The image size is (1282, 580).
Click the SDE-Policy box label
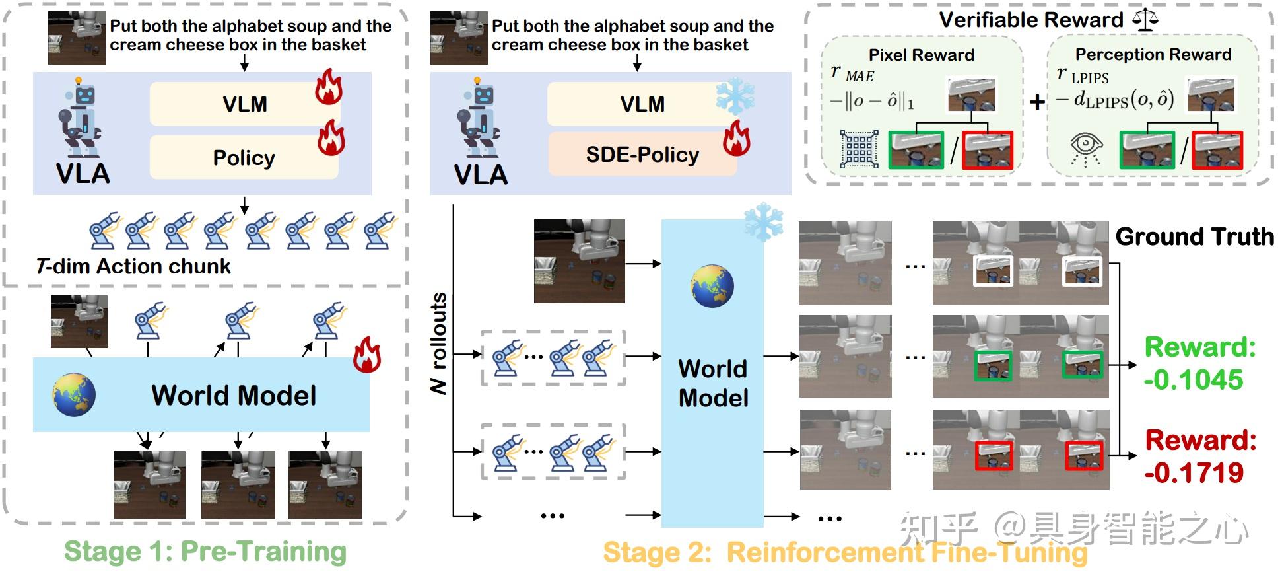(642, 155)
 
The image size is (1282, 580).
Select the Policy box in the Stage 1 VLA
(244, 158)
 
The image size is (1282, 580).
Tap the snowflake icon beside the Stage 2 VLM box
(735, 97)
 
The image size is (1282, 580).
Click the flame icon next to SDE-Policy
(737, 138)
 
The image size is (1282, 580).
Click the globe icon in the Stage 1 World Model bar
(74, 395)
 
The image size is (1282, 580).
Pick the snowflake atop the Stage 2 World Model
(763, 223)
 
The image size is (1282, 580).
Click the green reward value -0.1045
(1194, 380)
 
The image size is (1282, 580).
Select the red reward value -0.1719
(1194, 472)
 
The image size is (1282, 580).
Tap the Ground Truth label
(1194, 236)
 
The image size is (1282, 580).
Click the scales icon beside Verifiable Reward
(1145, 20)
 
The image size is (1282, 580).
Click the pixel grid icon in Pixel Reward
(859, 149)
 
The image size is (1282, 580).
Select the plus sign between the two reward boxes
(1037, 102)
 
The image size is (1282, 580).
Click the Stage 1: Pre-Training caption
(205, 552)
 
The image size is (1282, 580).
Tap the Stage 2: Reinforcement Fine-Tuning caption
(845, 553)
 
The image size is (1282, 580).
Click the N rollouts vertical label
(439, 344)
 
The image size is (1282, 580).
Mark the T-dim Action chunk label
(134, 266)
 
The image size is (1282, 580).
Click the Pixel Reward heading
(921, 55)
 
